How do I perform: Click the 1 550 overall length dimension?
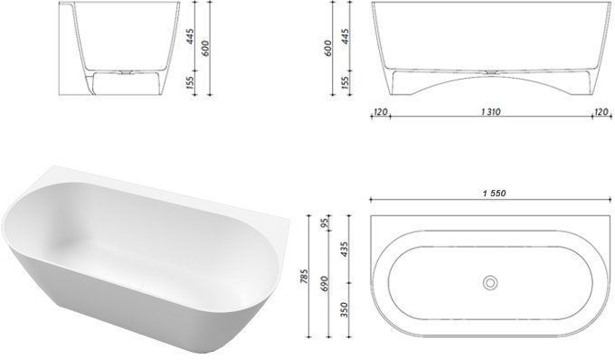[494, 194]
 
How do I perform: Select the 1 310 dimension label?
[491, 112]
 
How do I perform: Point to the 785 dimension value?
[305, 276]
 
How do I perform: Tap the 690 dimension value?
[325, 283]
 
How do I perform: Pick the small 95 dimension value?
[325, 224]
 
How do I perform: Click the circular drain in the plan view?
[490, 282]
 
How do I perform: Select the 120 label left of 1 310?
[380, 112]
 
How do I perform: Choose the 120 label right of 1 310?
[601, 112]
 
